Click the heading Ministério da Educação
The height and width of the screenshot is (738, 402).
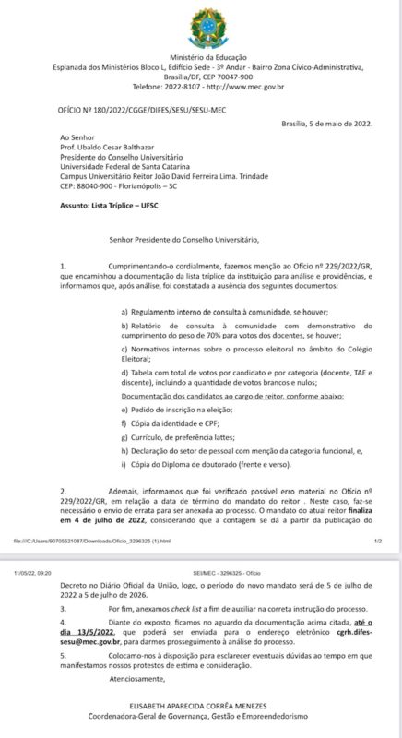coord(201,57)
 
